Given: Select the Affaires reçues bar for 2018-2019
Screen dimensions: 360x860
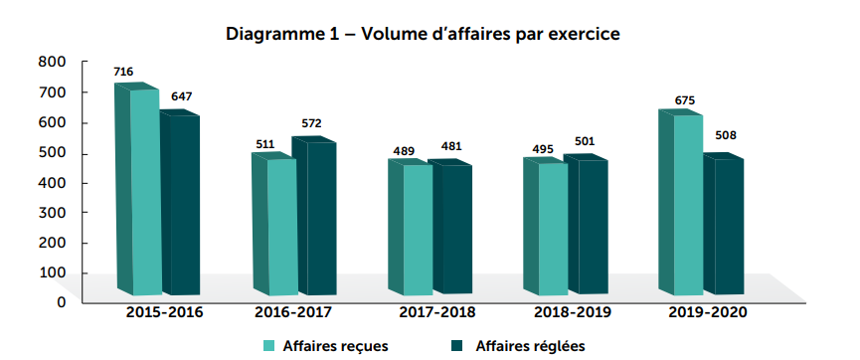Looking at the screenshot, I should pyautogui.click(x=553, y=228).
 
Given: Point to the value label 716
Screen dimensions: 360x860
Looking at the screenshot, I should pyautogui.click(x=123, y=72).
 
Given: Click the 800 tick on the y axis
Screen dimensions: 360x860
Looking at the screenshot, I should pyautogui.click(x=53, y=62).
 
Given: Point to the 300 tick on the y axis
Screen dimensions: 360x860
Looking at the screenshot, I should pyautogui.click(x=53, y=212).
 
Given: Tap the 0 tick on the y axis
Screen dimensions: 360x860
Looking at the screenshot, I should pyautogui.click(x=61, y=301).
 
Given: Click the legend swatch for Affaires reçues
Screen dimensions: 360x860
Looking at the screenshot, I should pyautogui.click(x=268, y=346).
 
